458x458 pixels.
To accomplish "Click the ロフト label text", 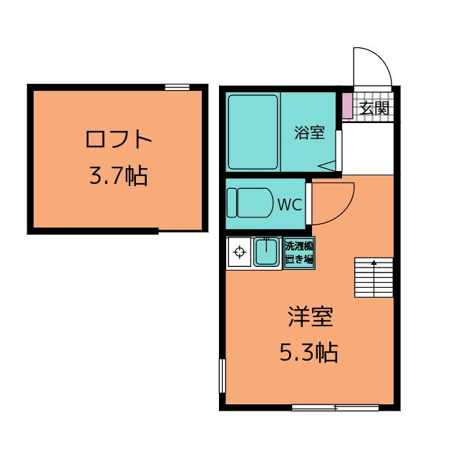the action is (x=119, y=140).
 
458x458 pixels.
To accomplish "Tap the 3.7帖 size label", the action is (x=118, y=175).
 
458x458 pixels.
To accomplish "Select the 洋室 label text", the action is (x=310, y=316).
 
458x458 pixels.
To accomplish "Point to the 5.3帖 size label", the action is (x=309, y=352).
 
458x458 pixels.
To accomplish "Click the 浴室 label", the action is (x=310, y=132).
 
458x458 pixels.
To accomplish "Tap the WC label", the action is (x=289, y=205).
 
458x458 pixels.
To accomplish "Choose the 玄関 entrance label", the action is (x=374, y=108).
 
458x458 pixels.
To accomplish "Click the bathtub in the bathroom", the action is (x=253, y=132).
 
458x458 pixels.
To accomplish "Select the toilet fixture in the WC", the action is (x=249, y=203).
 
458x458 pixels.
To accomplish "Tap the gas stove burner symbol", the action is (x=240, y=251).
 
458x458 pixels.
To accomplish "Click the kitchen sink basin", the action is (x=266, y=252).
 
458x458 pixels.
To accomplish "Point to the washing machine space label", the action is (x=299, y=253).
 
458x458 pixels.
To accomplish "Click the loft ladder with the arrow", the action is (x=374, y=278).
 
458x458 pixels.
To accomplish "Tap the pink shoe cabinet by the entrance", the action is (x=348, y=106).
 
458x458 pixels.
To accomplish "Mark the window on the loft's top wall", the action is (x=177, y=87).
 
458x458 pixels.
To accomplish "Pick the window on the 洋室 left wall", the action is (x=223, y=376).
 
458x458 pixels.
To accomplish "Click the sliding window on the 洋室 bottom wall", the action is (x=336, y=407).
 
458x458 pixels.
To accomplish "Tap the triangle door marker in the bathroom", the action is (x=327, y=166).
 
